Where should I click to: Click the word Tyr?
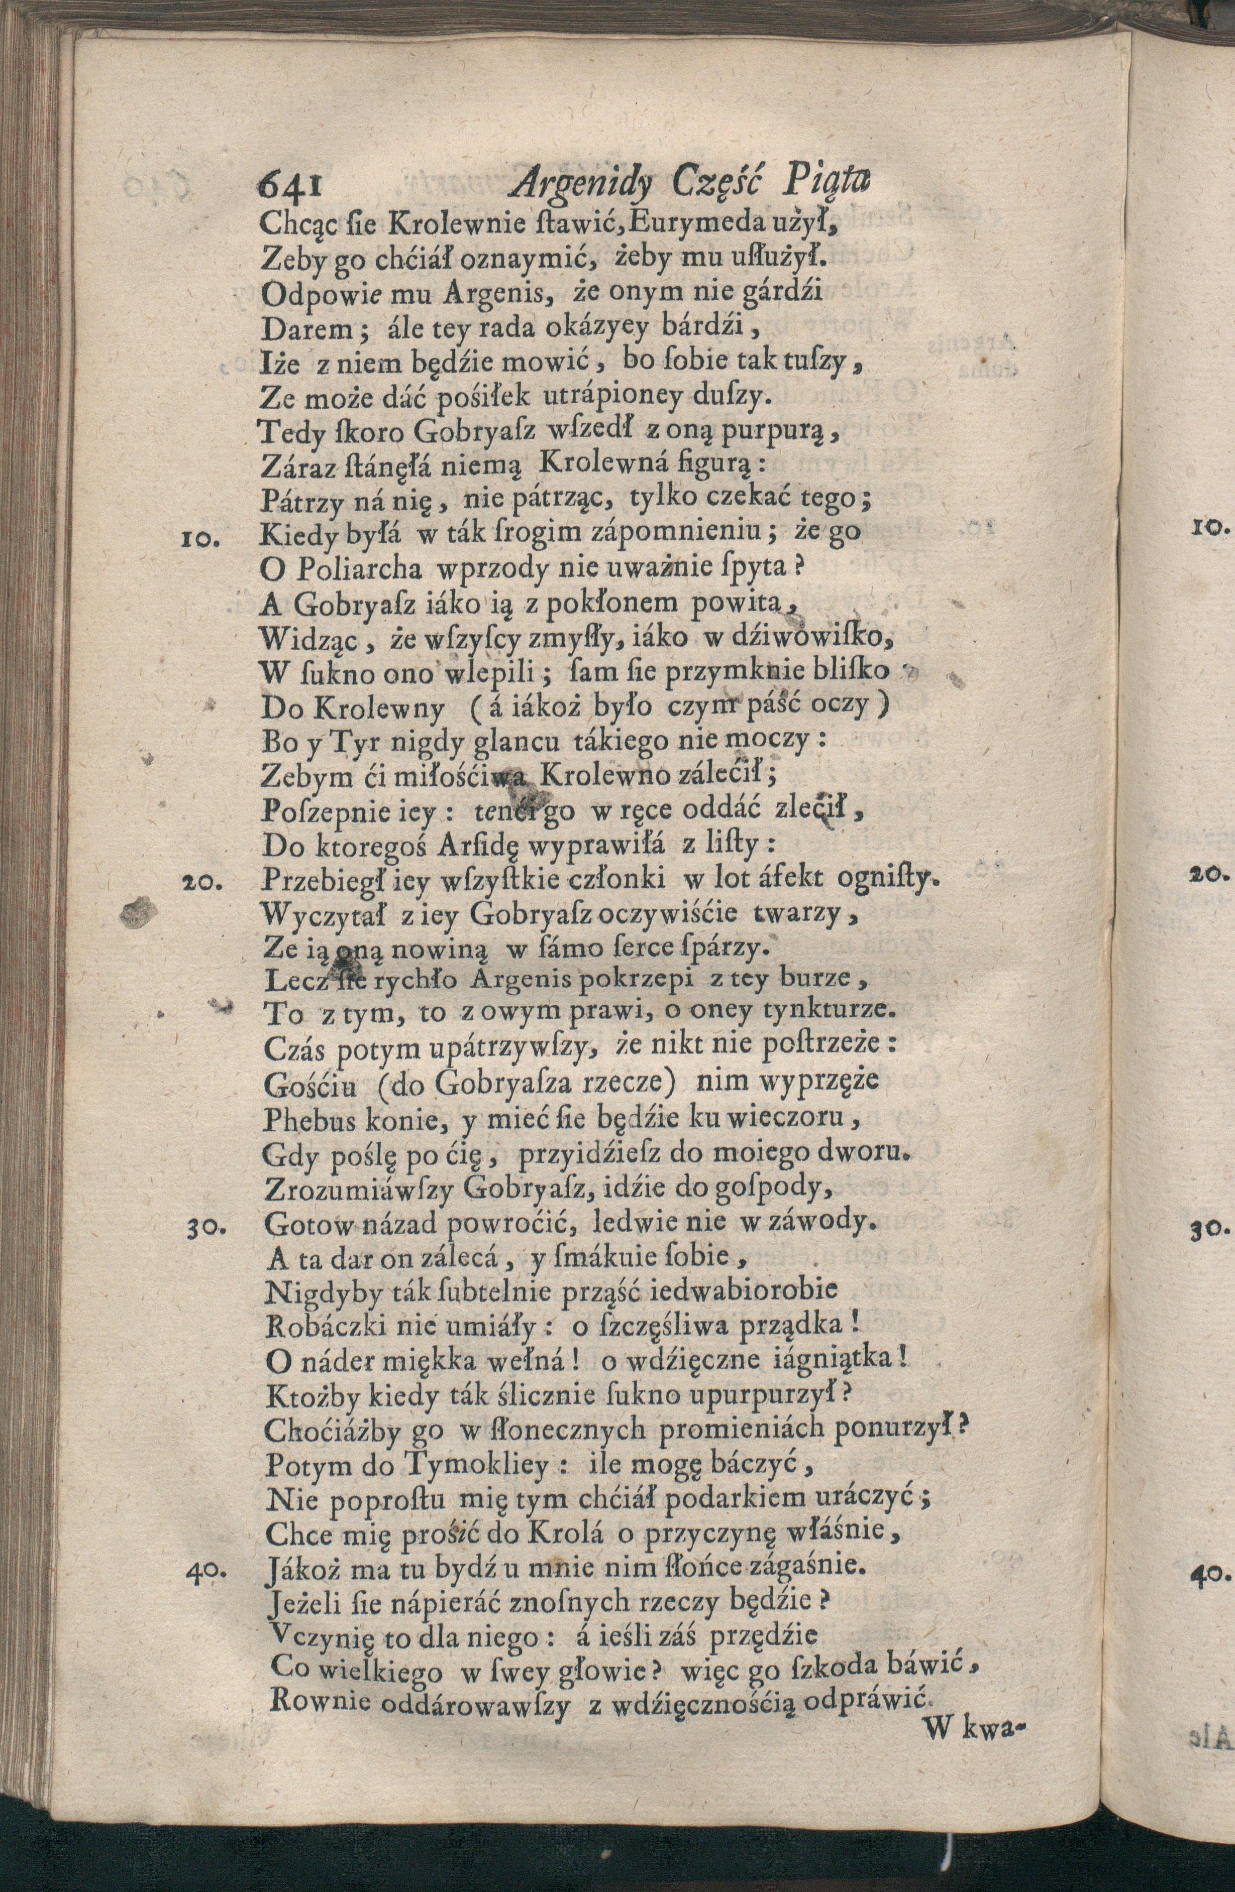click(x=325, y=742)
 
